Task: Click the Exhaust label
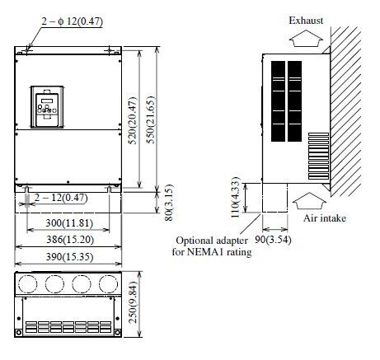coord(306,21)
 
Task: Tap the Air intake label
coord(325,218)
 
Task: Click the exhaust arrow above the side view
coord(307,38)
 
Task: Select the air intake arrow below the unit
coord(309,201)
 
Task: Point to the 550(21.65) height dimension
coord(152,119)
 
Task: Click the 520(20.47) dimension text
coord(134,121)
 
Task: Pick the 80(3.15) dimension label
coord(170,203)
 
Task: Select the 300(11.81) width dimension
coord(69,222)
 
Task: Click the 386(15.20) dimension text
coord(70,240)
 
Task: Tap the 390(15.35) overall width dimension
coord(69,257)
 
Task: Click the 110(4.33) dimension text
coord(236,198)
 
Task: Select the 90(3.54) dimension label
coord(273,240)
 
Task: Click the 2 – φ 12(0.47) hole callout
coord(73,21)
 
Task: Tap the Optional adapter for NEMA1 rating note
coord(212,246)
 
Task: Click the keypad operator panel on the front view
coord(47,107)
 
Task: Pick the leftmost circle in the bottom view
coord(27,283)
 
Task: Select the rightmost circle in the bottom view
coord(109,283)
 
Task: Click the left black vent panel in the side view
coord(278,101)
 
